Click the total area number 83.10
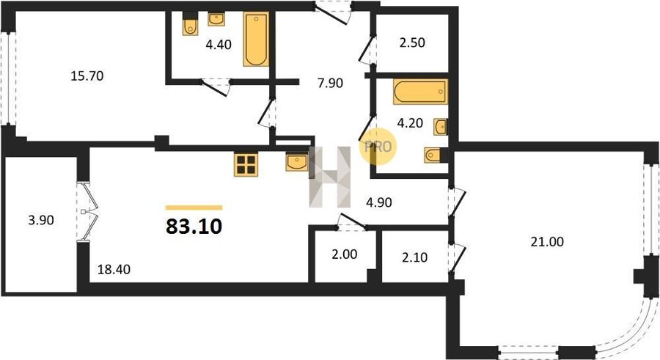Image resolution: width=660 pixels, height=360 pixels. pyautogui.click(x=194, y=227)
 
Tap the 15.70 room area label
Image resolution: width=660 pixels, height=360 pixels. pyautogui.click(x=87, y=76)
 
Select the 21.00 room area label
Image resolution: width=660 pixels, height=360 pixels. pyautogui.click(x=547, y=242)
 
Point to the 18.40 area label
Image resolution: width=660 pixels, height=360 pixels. pyautogui.click(x=114, y=269)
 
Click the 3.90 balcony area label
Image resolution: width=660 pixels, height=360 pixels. pyautogui.click(x=41, y=220)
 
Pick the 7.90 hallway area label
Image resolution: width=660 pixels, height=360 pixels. pyautogui.click(x=330, y=83)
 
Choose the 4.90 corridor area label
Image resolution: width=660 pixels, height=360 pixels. pyautogui.click(x=379, y=202)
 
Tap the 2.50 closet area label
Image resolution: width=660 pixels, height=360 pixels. pyautogui.click(x=412, y=43)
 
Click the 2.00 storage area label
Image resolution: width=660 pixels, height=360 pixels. pyautogui.click(x=345, y=254)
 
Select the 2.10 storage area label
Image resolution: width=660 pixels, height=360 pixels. pyautogui.click(x=414, y=257)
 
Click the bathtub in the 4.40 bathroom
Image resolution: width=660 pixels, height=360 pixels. pyautogui.click(x=256, y=39)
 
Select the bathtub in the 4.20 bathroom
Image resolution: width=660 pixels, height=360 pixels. pyautogui.click(x=420, y=92)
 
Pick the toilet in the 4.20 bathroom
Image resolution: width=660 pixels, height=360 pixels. pyautogui.click(x=433, y=155)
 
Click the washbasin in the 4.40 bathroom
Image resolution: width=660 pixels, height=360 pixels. pyautogui.click(x=216, y=18)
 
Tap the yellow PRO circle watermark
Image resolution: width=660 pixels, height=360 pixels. pyautogui.click(x=378, y=147)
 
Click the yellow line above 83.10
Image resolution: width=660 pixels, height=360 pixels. pyautogui.click(x=194, y=207)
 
